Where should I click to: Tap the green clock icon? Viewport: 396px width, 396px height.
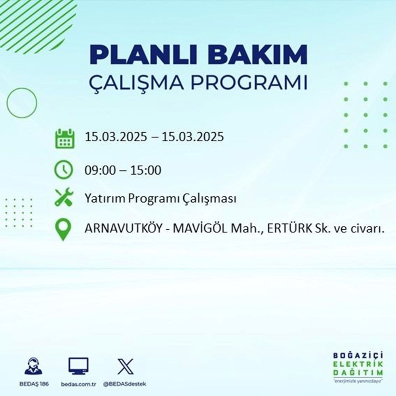click(63, 170)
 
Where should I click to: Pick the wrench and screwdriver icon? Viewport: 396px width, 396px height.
click(63, 197)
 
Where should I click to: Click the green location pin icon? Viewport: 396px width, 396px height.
click(63, 230)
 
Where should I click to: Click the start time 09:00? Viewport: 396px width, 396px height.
click(99, 171)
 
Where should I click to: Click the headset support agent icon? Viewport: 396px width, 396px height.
click(33, 366)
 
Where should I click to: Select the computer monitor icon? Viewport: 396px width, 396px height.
click(78, 366)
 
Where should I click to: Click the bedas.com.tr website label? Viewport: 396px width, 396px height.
click(78, 385)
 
